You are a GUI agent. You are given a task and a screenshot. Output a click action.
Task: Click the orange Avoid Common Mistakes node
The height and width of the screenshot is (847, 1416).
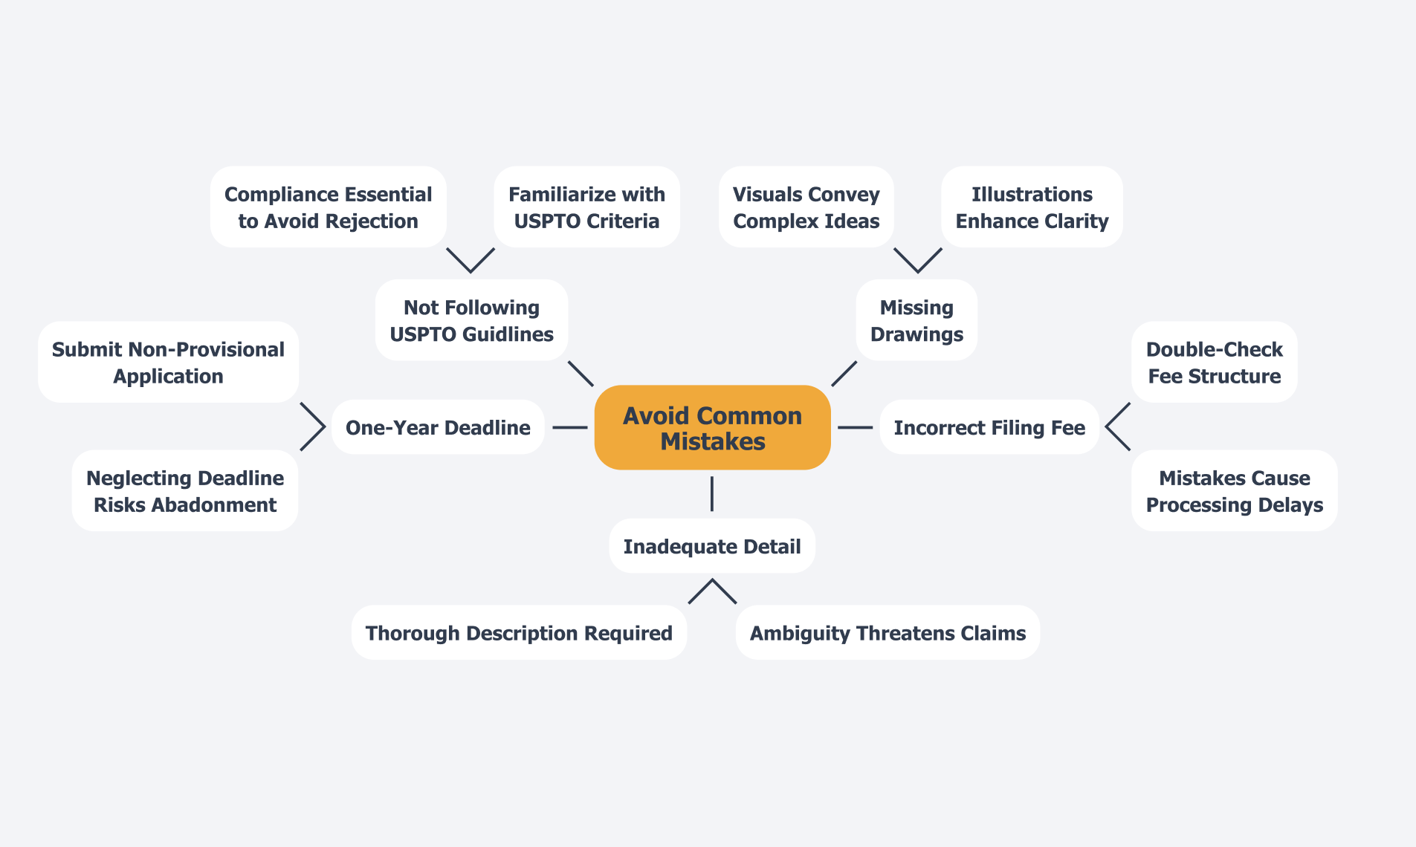(712, 427)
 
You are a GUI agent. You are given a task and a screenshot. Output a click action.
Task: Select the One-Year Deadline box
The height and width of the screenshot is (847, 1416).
(438, 427)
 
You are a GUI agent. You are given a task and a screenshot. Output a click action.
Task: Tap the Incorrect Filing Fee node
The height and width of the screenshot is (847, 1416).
(989, 427)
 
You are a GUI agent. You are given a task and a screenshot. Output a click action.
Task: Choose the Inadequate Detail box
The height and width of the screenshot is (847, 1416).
(711, 546)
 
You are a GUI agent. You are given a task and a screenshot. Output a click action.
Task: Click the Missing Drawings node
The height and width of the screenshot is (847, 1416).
(916, 320)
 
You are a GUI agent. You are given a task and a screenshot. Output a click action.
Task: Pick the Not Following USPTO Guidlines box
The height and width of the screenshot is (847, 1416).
(471, 320)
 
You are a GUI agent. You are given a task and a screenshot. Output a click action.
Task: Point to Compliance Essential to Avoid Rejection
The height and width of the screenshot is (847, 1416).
(328, 207)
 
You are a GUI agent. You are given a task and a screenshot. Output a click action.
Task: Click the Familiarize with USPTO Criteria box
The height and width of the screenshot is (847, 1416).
(586, 207)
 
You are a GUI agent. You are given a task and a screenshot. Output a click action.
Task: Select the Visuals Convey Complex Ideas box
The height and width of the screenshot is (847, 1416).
(806, 207)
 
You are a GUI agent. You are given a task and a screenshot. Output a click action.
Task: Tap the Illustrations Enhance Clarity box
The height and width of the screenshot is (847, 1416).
(1032, 207)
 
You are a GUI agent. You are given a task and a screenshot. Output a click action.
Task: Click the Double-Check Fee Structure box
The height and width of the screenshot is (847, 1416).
(1214, 362)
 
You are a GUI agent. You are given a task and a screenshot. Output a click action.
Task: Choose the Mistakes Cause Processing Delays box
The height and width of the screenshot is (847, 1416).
(1234, 490)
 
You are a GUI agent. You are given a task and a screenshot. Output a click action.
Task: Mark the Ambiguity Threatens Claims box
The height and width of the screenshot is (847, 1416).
(888, 632)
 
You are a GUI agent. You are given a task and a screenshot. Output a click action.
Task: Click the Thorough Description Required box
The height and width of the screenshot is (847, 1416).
(519, 632)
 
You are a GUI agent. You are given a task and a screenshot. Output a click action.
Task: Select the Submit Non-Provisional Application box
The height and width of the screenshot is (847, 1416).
(168, 362)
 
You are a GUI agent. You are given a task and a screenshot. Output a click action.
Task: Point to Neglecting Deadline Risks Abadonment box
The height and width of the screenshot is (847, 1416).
(185, 490)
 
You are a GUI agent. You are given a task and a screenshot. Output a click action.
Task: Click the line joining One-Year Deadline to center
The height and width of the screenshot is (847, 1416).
(569, 427)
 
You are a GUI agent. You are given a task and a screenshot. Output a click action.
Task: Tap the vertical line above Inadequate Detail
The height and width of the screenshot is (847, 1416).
(711, 494)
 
